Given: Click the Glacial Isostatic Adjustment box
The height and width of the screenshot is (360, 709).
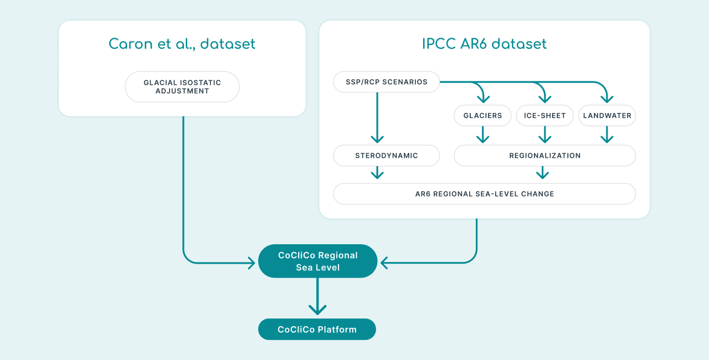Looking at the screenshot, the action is coord(182,87).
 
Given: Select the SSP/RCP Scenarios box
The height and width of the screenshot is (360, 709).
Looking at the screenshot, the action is coord(387,82).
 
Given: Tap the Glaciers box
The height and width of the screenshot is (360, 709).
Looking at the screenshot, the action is coord(482,115).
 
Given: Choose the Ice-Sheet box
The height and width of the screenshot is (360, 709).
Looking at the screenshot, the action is coord(544,115).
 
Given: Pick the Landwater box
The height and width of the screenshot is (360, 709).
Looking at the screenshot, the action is coord(607,115).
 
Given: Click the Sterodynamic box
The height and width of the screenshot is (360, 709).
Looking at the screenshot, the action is coord(387,156).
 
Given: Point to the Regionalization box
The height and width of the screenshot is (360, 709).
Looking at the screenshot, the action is coord(544,156).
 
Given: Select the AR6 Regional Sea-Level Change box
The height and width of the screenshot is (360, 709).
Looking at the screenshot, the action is coord(485,194).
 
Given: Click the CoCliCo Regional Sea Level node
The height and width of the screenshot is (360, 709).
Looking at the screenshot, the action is coord(318,261).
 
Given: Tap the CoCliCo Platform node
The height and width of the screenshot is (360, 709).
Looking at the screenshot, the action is coord(317,330).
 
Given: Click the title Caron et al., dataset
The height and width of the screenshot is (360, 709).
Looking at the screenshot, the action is coord(182,44).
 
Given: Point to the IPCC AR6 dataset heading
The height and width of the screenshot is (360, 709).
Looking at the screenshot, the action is coord(485,44).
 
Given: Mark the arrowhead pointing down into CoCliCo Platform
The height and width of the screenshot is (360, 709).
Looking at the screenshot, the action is coord(317,310).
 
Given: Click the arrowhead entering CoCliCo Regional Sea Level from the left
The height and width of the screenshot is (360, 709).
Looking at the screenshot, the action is coord(251,263).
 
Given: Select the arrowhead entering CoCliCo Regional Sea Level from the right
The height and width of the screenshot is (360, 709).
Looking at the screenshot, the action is coord(384,263).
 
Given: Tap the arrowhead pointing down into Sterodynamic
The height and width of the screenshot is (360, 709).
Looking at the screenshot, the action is coord(377,140).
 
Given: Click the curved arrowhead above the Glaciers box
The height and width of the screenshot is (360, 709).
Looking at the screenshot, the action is coord(484,99).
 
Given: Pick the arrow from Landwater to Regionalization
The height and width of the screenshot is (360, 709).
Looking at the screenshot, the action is coord(607,135).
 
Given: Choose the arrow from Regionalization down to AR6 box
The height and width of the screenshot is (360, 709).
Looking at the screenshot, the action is coord(542,173).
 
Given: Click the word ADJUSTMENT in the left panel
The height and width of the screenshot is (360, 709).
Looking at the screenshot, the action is coord(182,91).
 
